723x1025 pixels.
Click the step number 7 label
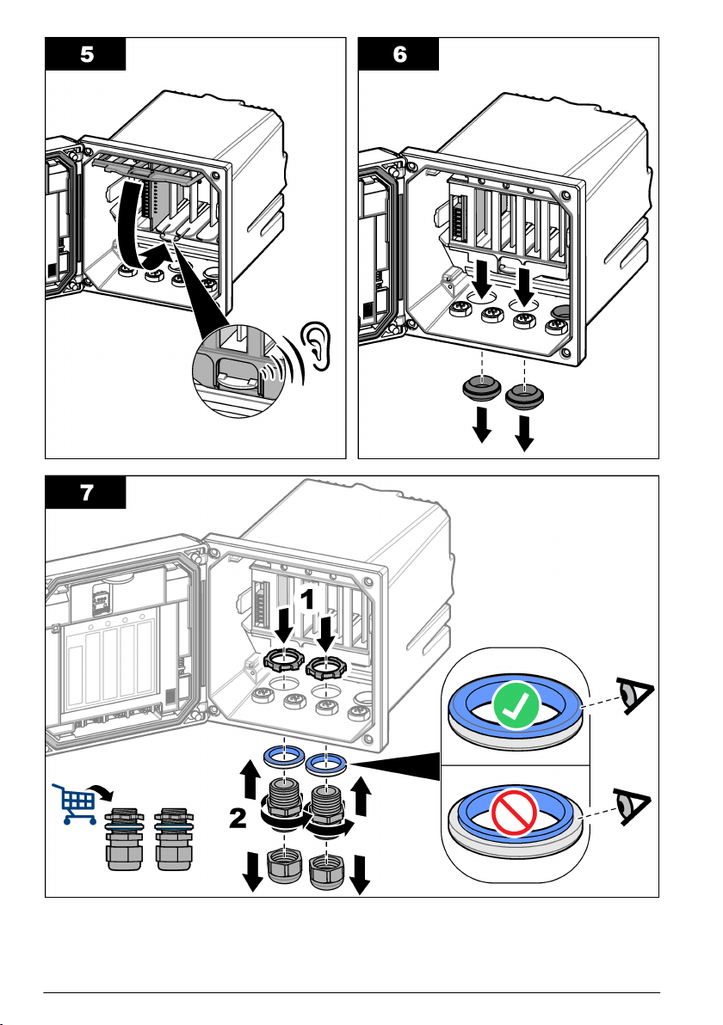tap(86, 494)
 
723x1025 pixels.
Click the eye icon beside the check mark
tap(637, 695)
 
